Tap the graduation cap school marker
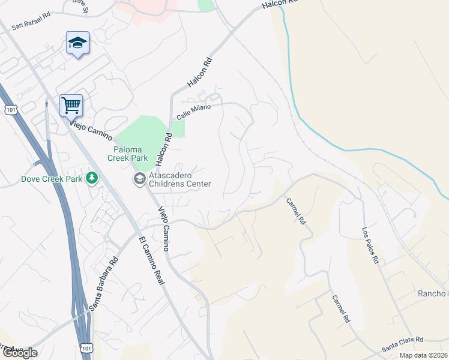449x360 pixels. (x=77, y=43)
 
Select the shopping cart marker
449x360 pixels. (x=71, y=106)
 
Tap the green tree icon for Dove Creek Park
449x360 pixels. (x=92, y=178)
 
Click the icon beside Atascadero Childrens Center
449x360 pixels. (x=139, y=178)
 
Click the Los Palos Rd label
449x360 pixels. (x=370, y=246)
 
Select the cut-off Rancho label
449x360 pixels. (x=433, y=293)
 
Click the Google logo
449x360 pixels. (x=19, y=353)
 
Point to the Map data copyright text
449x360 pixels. (x=423, y=355)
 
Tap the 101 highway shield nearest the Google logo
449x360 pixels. (x=86, y=347)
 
